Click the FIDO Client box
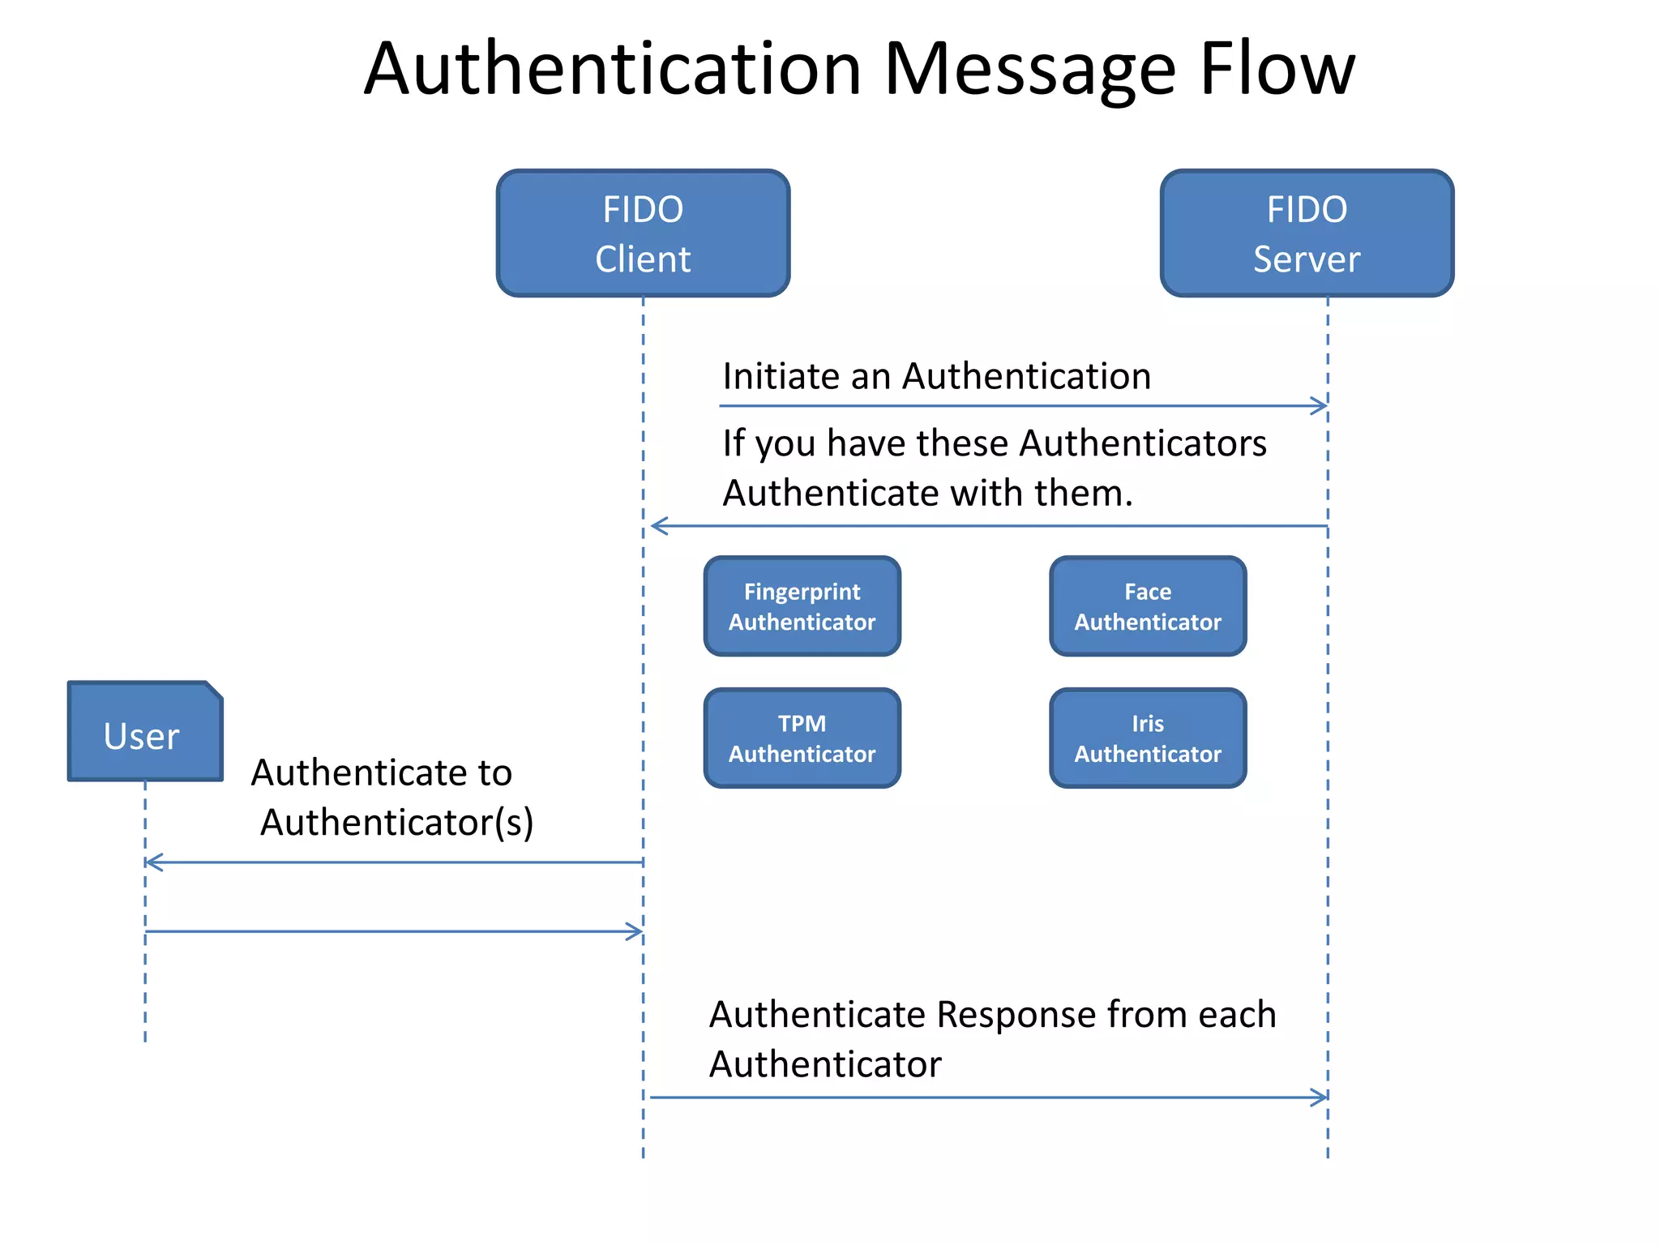point(643,233)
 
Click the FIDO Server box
point(1307,233)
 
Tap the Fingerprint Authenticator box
point(802,606)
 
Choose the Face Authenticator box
point(1148,606)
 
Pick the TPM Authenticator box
point(802,738)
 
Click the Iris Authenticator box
point(1148,738)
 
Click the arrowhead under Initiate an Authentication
point(1320,406)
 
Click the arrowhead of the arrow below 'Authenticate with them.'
point(659,526)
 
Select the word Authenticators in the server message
point(1143,443)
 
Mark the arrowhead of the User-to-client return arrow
point(635,931)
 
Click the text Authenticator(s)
point(396,822)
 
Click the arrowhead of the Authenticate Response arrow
point(1320,1097)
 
